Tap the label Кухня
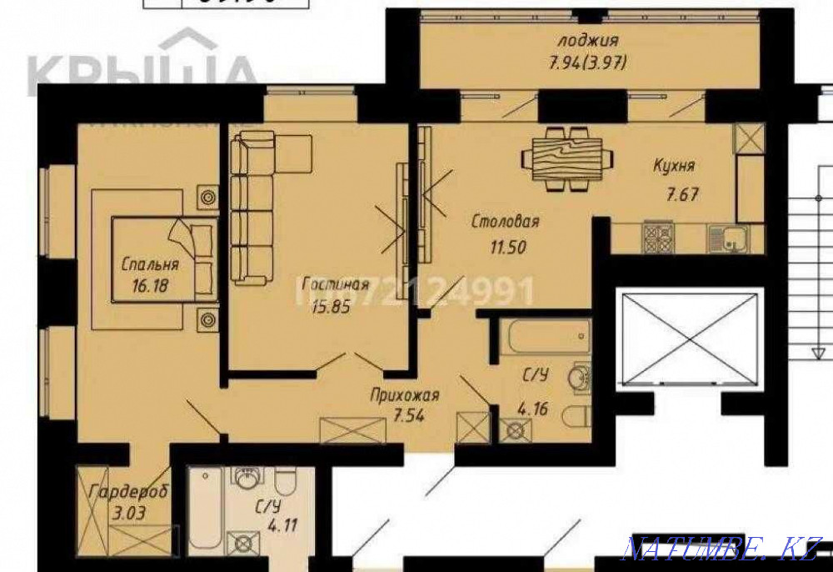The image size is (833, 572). (674, 165)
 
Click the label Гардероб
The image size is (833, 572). (127, 491)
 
